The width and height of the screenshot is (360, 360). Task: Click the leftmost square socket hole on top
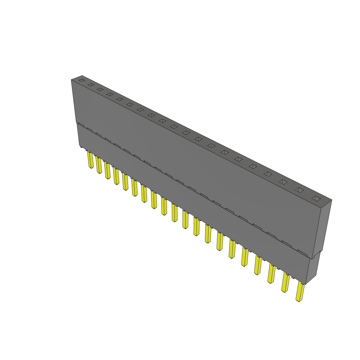pyautogui.click(x=82, y=80)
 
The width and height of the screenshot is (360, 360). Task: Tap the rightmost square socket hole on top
pyautogui.click(x=316, y=199)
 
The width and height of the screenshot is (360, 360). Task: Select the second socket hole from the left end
pyautogui.click(x=91, y=85)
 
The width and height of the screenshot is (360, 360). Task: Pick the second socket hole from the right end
pyautogui.click(x=299, y=190)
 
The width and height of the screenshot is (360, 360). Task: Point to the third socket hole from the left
pyautogui.click(x=100, y=89)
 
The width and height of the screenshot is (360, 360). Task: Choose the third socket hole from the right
pyautogui.click(x=283, y=182)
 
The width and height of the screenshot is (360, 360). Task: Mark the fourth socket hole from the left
pyautogui.click(x=110, y=94)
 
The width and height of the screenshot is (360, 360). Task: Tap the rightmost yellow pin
pyautogui.click(x=300, y=291)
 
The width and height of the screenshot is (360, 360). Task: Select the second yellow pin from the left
pyautogui.click(x=99, y=165)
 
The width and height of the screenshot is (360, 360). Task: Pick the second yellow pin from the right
pyautogui.click(x=285, y=283)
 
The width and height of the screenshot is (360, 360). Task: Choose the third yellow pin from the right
pyautogui.click(x=271, y=274)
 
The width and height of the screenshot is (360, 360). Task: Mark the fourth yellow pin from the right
pyautogui.click(x=258, y=265)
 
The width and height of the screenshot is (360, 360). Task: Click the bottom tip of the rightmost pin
pyautogui.click(x=298, y=301)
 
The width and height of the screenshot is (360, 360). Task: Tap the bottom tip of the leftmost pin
pyautogui.click(x=91, y=168)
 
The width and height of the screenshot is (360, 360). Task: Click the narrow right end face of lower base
pyautogui.click(x=313, y=269)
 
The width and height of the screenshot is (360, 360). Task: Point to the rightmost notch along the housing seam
pyautogui.click(x=303, y=252)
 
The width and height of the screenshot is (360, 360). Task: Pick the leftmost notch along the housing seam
pyautogui.click(x=81, y=124)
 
